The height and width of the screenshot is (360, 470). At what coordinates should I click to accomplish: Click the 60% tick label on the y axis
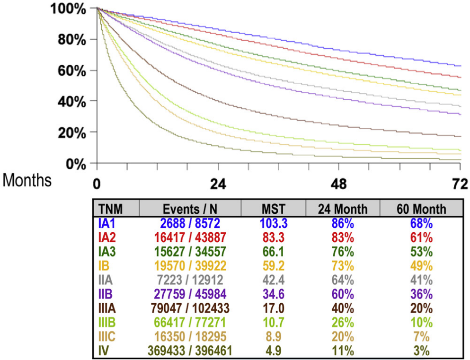coord(71,70)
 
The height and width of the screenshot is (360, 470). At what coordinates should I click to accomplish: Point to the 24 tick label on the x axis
coord(218,184)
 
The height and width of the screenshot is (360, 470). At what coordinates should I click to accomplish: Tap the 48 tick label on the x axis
coord(339,184)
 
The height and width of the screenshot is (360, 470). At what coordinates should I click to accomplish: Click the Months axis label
coord(27,181)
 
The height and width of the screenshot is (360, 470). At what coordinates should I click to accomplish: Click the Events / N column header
coord(190,209)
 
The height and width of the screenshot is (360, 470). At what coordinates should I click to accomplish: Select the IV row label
coord(103,351)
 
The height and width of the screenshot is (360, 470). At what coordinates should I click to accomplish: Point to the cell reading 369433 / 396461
coord(190,351)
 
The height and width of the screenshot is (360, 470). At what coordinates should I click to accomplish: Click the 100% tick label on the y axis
coord(69,9)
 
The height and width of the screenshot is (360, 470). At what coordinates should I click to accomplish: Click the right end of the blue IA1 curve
coord(460,66)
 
